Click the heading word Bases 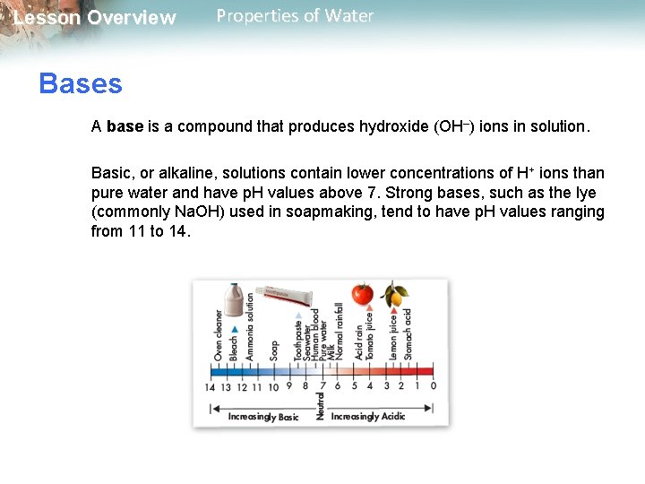[81, 84]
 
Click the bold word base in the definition [125, 126]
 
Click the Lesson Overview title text [95, 18]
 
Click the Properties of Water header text [295, 16]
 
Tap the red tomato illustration [362, 294]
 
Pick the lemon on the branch [394, 295]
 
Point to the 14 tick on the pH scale [210, 386]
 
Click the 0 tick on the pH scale [434, 386]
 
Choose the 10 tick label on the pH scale [273, 386]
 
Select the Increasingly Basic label [263, 416]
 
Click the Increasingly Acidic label [368, 416]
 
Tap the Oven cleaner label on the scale [219, 335]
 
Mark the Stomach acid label [408, 334]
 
